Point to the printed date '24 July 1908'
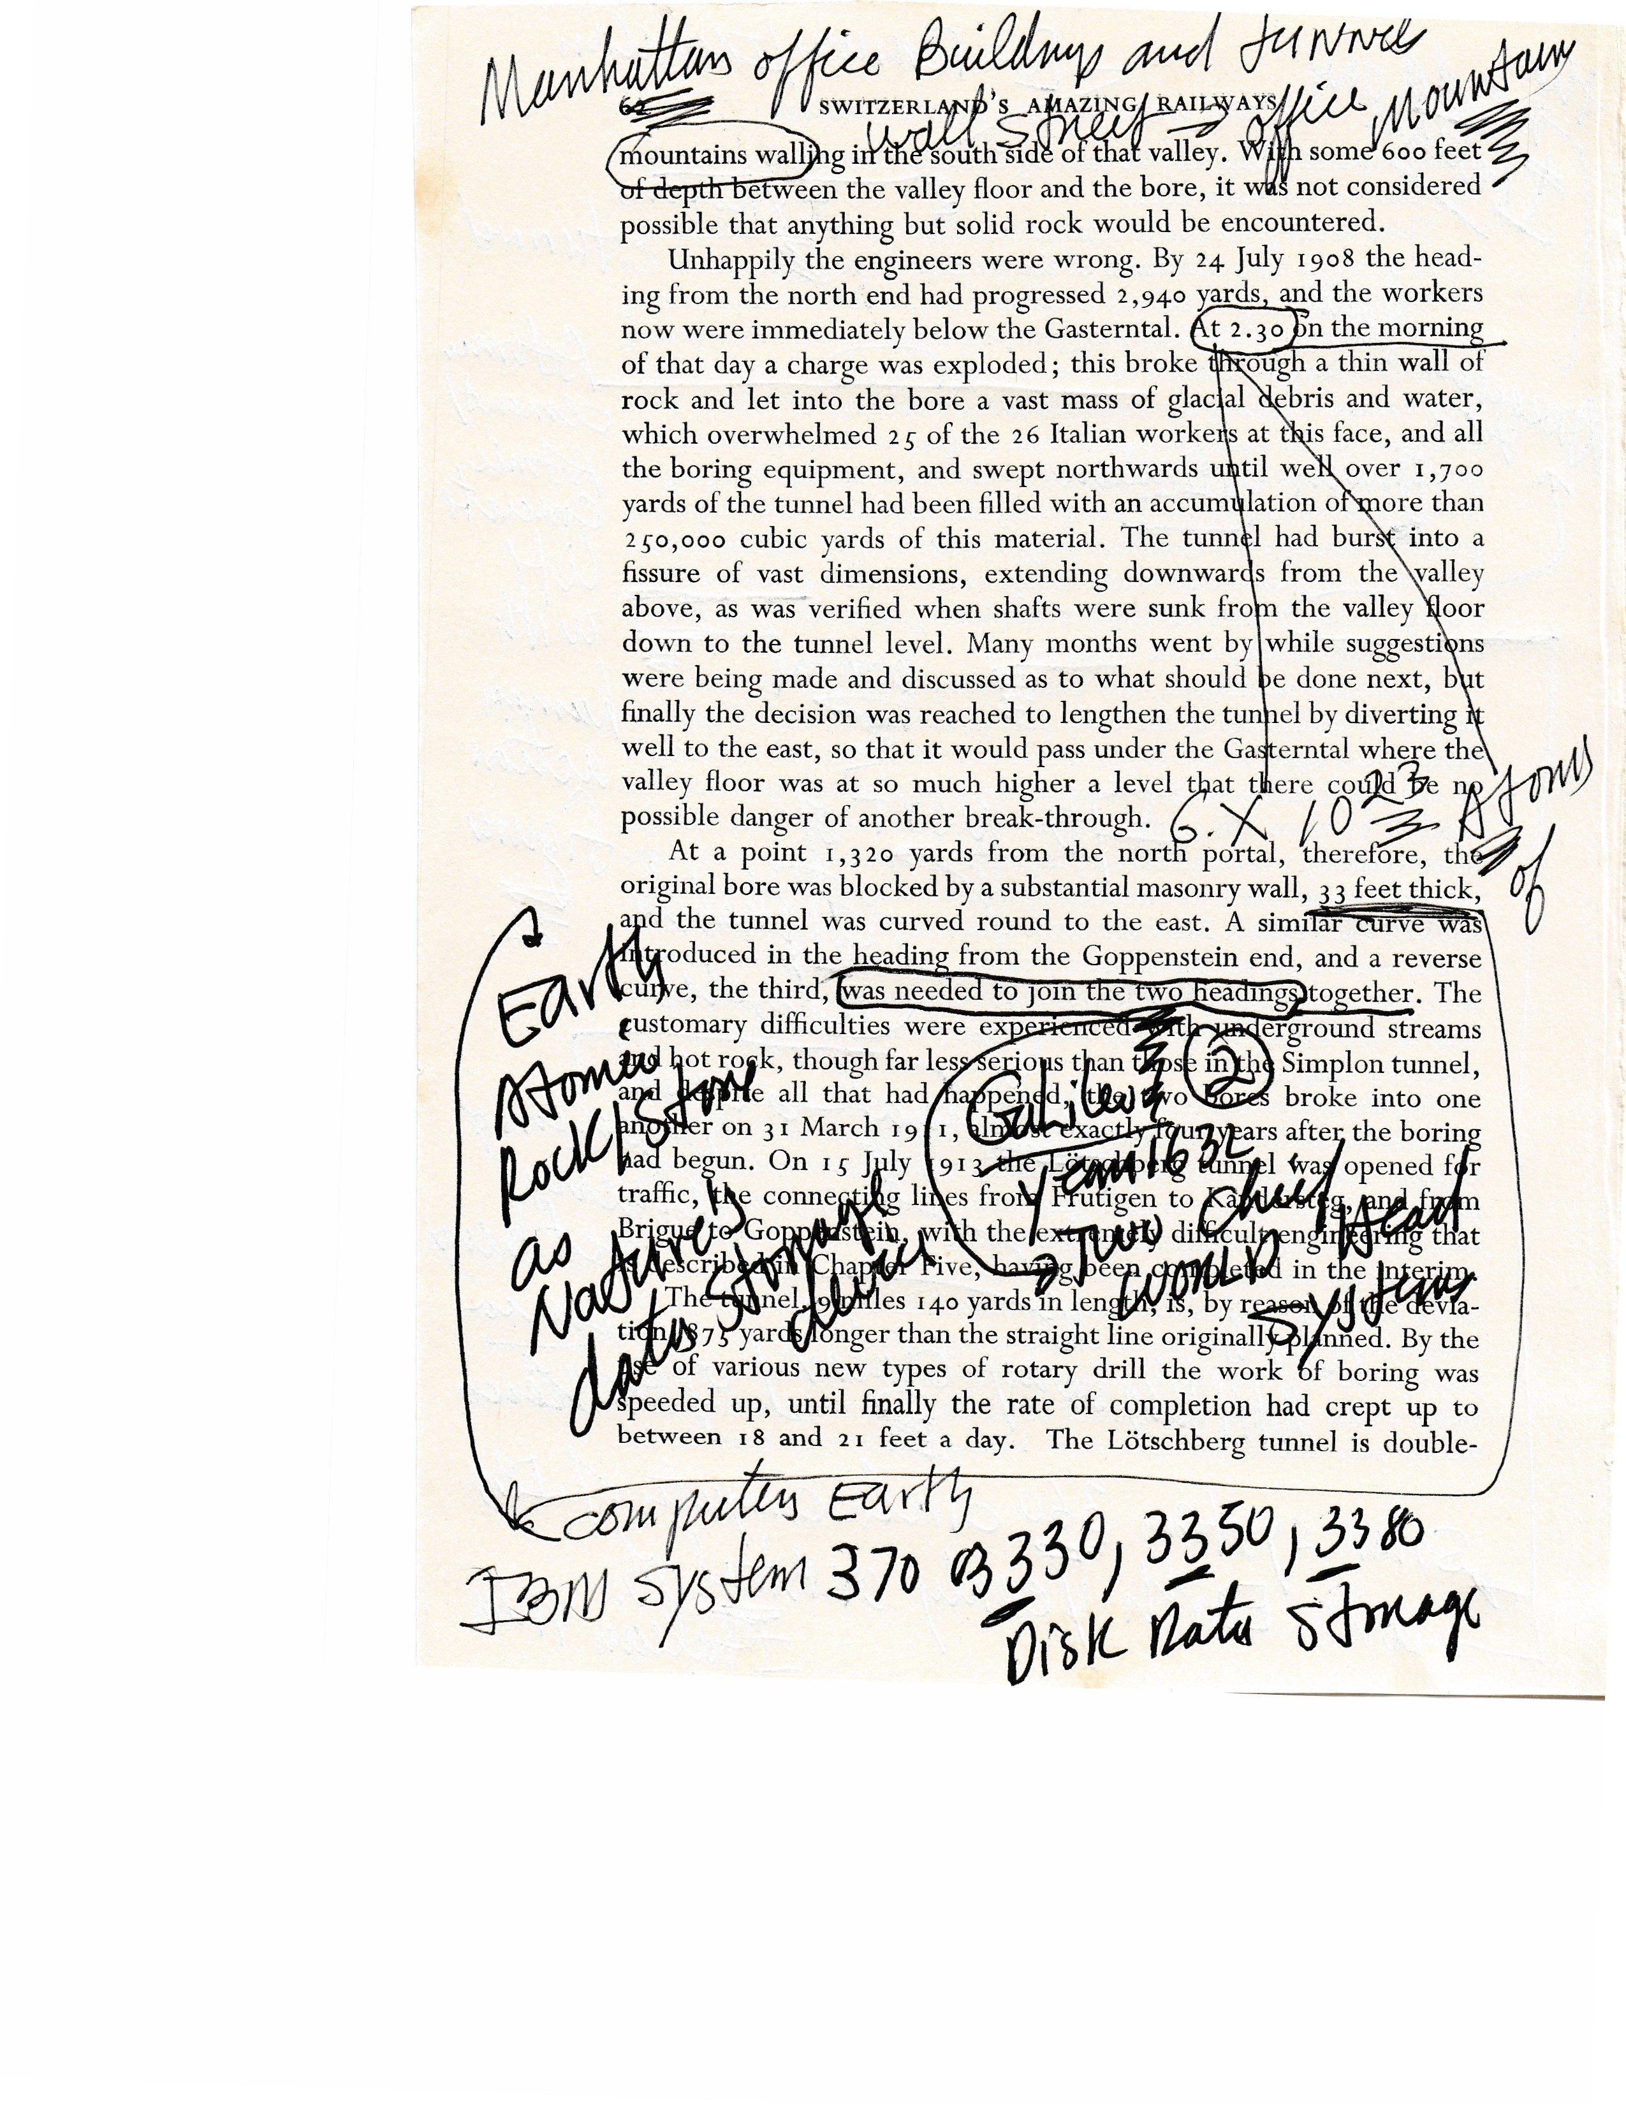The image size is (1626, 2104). (x=1271, y=260)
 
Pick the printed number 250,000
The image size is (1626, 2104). (x=673, y=539)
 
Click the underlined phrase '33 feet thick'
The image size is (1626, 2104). (x=1396, y=889)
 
